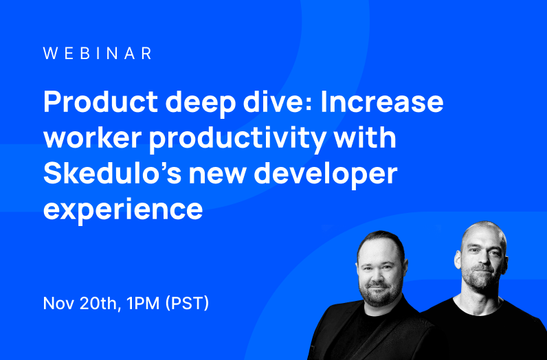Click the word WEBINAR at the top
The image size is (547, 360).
tap(98, 54)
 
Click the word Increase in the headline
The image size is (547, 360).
tap(382, 102)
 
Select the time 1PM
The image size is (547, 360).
tap(144, 304)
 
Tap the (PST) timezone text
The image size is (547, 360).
tap(187, 304)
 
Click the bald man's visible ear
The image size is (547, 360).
tap(458, 258)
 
